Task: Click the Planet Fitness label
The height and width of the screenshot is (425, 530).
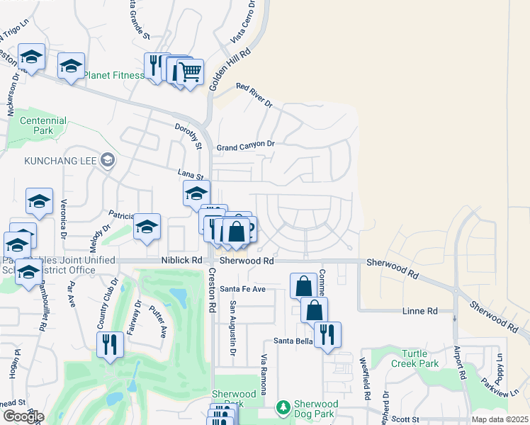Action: pos(114,75)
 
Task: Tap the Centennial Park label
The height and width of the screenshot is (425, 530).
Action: pos(44,126)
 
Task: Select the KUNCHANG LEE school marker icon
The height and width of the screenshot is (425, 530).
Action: pos(107,161)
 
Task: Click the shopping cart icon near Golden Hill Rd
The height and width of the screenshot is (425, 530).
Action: pos(190,71)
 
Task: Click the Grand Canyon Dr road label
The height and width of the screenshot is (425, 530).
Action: pos(245,144)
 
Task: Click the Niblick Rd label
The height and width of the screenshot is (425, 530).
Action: pos(181,261)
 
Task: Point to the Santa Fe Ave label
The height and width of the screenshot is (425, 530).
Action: pos(242,289)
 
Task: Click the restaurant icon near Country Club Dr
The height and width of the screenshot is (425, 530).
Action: pos(110,344)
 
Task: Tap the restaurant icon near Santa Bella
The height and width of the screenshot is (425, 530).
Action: pos(327,334)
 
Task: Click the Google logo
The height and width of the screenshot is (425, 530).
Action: pos(23,416)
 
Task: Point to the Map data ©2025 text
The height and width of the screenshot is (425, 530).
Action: pos(500,419)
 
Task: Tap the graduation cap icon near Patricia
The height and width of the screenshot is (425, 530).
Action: pos(147,226)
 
